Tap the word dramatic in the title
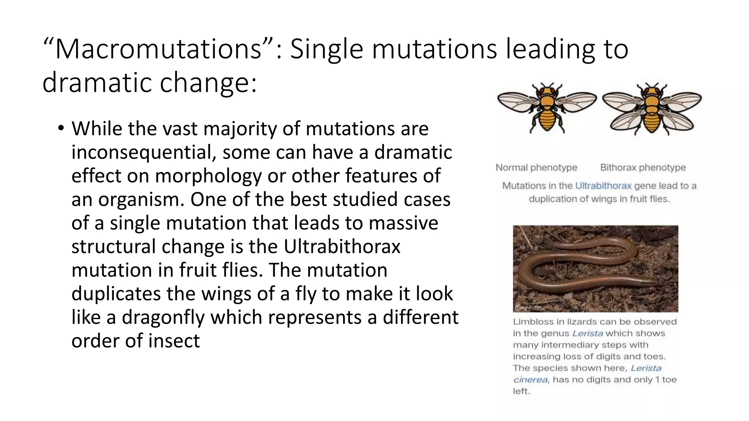tap(97, 83)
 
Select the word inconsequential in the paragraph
tap(141, 152)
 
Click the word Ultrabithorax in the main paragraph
tap(342, 246)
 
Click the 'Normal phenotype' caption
tap(536, 168)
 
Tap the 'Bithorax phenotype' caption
tap(643, 168)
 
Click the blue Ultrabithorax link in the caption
tap(603, 186)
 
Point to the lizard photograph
tap(595, 269)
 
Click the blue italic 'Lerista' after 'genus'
tap(587, 333)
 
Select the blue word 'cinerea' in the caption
tap(530, 380)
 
